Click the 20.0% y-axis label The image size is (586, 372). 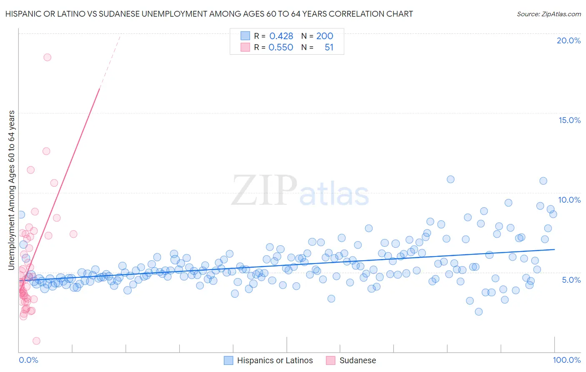[x=568, y=40]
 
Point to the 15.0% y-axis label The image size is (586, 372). [x=569, y=120]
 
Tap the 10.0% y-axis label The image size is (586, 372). [x=569, y=200]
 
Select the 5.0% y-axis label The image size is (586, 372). [x=571, y=279]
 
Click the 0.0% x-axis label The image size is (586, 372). [x=28, y=360]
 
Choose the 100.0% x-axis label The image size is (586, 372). [x=566, y=360]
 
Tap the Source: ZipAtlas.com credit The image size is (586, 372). [x=548, y=14]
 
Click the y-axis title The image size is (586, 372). [x=12, y=190]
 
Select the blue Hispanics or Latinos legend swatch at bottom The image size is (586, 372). [x=228, y=360]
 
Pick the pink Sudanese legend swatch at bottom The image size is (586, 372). [x=331, y=360]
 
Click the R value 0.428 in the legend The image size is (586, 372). [x=281, y=36]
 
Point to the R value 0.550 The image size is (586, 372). [x=281, y=48]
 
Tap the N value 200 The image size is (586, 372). [x=324, y=36]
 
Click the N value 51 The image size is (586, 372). [x=329, y=48]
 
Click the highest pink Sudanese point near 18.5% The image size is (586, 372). [x=47, y=57]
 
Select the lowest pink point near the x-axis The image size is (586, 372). [x=36, y=341]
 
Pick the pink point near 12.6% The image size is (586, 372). [x=46, y=151]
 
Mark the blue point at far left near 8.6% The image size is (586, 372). [x=21, y=214]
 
